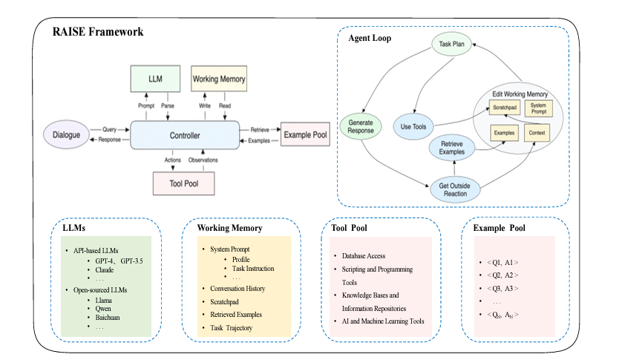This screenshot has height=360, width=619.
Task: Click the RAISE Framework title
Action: [97, 33]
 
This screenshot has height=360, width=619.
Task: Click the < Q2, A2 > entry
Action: [502, 275]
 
